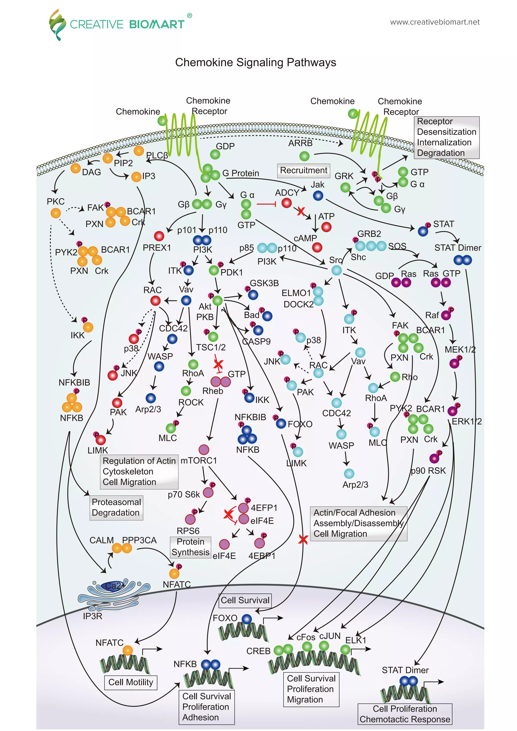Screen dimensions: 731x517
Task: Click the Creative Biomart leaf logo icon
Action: click(56, 24)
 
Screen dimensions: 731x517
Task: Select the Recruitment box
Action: click(303, 170)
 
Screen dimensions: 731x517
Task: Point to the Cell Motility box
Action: click(131, 682)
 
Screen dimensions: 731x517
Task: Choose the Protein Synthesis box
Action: click(190, 547)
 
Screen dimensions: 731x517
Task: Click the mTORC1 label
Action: click(199, 460)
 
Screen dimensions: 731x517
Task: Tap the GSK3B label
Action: click(264, 283)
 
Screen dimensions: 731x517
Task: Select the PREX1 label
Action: click(157, 247)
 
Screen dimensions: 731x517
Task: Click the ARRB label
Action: click(300, 143)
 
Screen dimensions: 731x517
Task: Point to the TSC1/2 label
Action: click(211, 347)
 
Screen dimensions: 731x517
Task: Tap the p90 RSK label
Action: click(428, 471)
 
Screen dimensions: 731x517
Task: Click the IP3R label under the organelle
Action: click(92, 616)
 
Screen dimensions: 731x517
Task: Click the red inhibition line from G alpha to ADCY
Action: click(266, 204)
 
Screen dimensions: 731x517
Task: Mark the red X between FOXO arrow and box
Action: click(303, 539)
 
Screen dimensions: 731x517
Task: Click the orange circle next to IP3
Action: click(136, 177)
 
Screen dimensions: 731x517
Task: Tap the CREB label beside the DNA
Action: click(258, 651)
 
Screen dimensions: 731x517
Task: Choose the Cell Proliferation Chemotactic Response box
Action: click(405, 714)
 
